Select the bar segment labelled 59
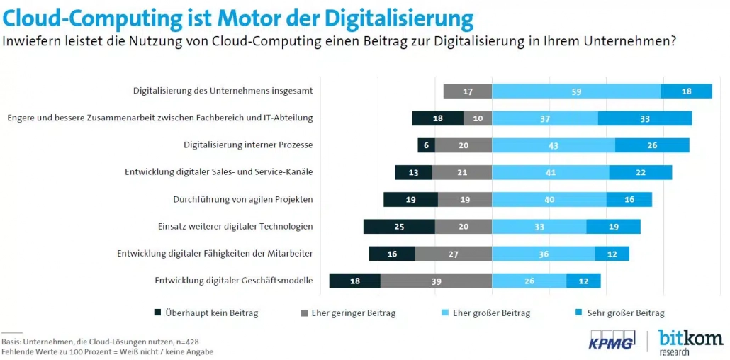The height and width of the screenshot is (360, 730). (x=576, y=91)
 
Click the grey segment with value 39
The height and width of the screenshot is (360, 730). (x=436, y=281)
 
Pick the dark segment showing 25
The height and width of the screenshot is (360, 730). (x=399, y=227)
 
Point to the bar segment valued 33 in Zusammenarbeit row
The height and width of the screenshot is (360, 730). (x=644, y=118)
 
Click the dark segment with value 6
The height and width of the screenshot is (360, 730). (x=426, y=145)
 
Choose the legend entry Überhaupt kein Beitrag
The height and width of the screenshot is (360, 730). (x=206, y=313)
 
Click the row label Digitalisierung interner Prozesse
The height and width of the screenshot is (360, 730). (x=248, y=145)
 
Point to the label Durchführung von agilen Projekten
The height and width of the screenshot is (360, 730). (x=242, y=199)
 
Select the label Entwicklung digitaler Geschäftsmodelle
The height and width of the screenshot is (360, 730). (x=233, y=281)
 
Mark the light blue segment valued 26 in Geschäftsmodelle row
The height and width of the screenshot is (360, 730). (x=529, y=281)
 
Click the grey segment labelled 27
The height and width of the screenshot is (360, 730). (x=453, y=254)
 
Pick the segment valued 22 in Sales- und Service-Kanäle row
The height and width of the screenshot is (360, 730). (x=640, y=172)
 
